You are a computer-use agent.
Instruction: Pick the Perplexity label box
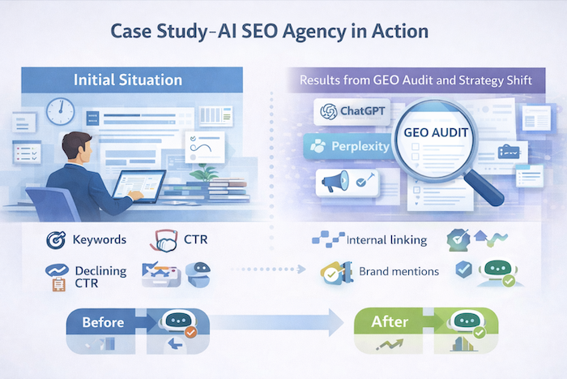[x=347, y=147]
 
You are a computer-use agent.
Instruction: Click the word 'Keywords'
[x=100, y=240]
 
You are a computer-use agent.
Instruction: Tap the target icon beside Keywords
[x=56, y=240]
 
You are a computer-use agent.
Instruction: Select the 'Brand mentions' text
[x=399, y=272]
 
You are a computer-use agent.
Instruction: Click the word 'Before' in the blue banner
[x=103, y=322]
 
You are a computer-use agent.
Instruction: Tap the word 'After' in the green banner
[x=389, y=322]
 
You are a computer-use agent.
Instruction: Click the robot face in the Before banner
[x=177, y=321]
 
